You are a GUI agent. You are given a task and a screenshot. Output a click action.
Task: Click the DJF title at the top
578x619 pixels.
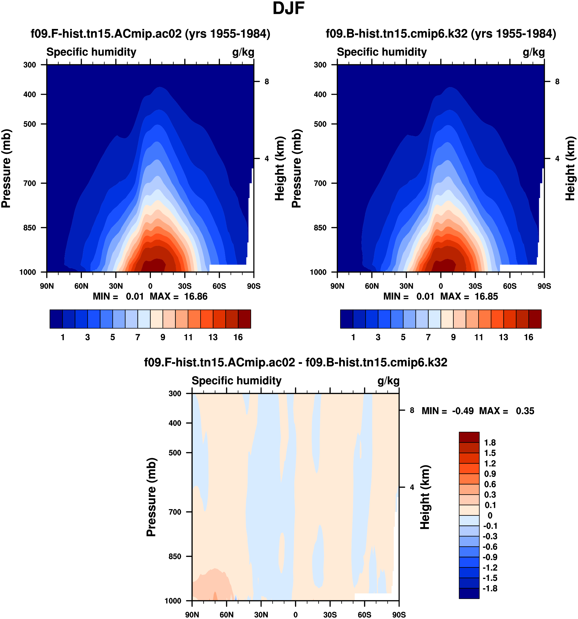288,9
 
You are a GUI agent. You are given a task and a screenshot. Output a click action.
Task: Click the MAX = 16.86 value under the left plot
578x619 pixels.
179,296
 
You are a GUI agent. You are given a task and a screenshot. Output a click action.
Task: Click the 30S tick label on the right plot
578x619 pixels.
475,286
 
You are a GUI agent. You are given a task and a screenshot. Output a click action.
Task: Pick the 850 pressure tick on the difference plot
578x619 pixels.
175,557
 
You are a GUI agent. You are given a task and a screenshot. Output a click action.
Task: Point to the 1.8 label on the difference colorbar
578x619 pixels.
490,443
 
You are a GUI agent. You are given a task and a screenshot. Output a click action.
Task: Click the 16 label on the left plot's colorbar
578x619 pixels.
238,338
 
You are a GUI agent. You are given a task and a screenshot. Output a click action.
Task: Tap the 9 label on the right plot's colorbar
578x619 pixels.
453,338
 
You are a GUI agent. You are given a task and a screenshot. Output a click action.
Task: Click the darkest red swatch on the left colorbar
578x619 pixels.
244,319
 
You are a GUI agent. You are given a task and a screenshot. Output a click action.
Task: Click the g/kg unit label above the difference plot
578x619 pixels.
388,381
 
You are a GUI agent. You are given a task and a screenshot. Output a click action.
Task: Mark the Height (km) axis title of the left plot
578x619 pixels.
280,168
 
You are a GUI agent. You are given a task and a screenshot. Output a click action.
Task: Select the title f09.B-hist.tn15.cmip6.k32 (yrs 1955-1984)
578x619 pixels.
441,34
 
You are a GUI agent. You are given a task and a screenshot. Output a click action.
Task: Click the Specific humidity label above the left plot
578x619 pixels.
91,52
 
